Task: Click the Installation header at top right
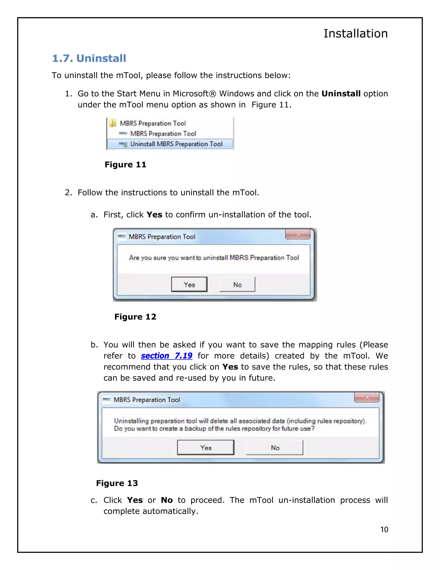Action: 356,34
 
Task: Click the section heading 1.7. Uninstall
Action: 89,58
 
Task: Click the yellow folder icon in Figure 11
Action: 113,123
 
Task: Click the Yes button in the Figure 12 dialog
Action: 189,285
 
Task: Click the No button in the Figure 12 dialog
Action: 237,285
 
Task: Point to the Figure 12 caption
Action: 135,317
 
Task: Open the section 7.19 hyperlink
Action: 167,356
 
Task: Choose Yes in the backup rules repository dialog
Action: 206,448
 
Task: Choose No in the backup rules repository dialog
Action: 275,448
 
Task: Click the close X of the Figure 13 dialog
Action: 367,397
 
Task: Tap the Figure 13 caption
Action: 117,483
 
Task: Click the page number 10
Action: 384,530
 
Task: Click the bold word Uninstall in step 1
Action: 341,94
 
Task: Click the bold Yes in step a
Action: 154,214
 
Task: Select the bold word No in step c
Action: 167,500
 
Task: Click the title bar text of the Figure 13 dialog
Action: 147,400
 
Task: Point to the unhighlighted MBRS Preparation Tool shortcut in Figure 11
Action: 163,134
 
